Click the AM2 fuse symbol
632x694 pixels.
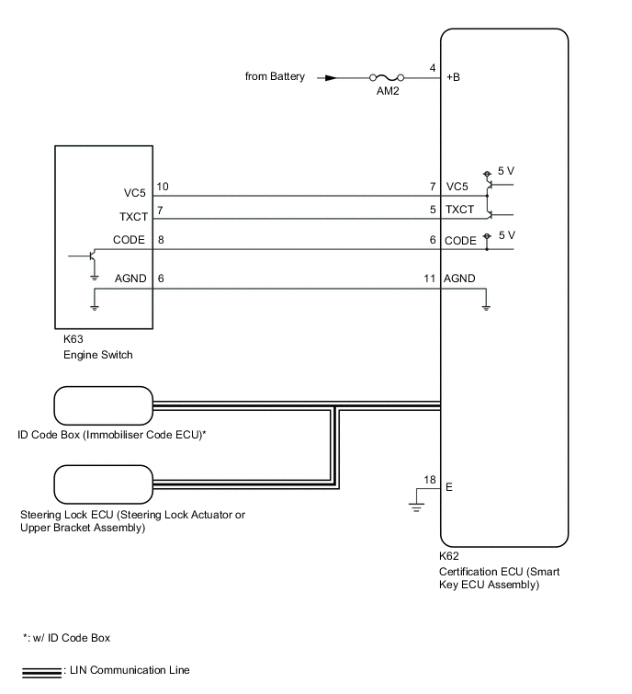(x=386, y=78)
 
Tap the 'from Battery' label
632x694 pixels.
(x=276, y=76)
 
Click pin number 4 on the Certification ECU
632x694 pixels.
(x=432, y=68)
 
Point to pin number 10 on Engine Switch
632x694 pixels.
(x=163, y=187)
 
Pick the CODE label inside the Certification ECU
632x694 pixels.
(x=461, y=240)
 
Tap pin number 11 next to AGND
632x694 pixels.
(x=429, y=279)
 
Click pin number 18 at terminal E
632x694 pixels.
(x=430, y=478)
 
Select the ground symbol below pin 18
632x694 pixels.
(x=415, y=505)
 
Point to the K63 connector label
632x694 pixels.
(x=73, y=339)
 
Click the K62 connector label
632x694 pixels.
(x=450, y=556)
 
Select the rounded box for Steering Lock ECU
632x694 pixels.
(x=103, y=483)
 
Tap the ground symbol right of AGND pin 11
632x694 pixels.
(x=489, y=303)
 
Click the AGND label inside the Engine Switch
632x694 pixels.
(x=130, y=279)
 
